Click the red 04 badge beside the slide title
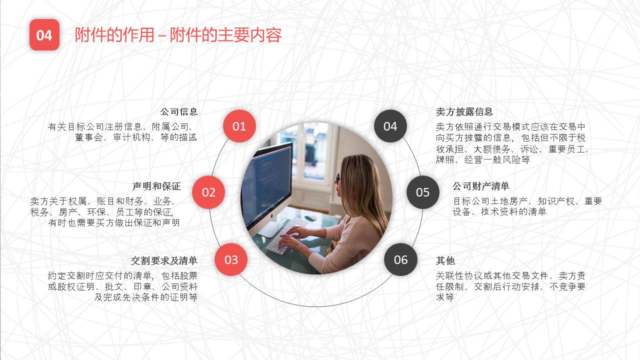point(44,35)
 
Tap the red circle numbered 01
point(239,126)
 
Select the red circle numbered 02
point(208,192)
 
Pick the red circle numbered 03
point(231,259)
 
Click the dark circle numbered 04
point(390,126)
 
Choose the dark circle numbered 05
point(423,192)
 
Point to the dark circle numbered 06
point(400,259)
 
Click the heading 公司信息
point(179,111)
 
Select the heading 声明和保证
point(156,186)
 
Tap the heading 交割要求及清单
point(164,260)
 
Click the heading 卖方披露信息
point(464,111)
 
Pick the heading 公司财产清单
point(481,186)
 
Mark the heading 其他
point(445,260)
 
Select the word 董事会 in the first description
point(89,137)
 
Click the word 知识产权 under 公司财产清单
point(556,201)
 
